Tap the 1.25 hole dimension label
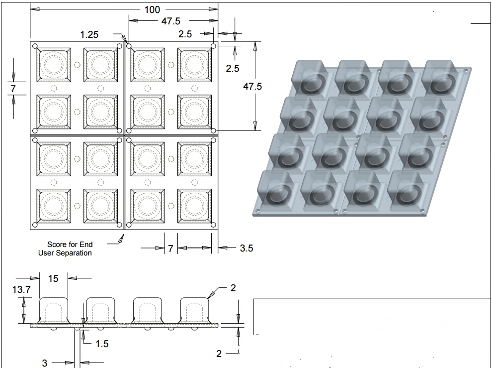[89, 34]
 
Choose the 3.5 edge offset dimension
[246, 248]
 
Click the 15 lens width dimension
[53, 278]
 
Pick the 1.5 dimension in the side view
[101, 343]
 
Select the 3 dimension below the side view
[45, 363]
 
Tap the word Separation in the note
[74, 253]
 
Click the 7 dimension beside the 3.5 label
[170, 248]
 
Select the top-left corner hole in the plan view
[35, 46]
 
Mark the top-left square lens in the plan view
[54, 65]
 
